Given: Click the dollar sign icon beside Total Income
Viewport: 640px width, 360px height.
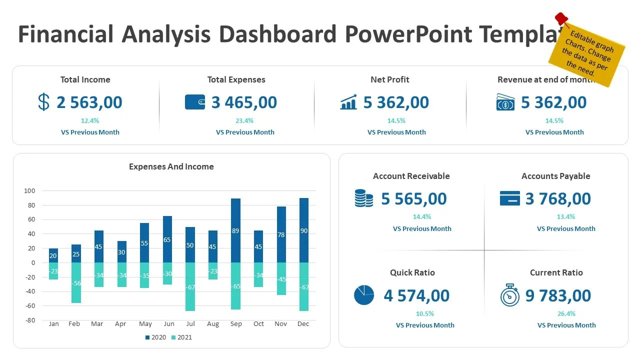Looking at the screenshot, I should pos(44,102).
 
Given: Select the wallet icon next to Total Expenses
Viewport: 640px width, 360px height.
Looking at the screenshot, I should pos(195,102).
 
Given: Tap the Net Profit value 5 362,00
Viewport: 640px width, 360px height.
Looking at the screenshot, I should pos(396,102).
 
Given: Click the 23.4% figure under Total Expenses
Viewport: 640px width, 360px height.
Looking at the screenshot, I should pos(244,120).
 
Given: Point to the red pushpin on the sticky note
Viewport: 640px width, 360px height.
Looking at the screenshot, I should pos(562,19).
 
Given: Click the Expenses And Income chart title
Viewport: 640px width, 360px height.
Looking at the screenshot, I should pos(171,167).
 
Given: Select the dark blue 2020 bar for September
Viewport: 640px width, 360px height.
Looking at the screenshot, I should pos(235,230).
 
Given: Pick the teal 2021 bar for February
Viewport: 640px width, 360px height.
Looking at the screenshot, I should pos(76,282).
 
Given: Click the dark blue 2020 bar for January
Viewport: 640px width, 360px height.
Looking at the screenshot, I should pos(53,255).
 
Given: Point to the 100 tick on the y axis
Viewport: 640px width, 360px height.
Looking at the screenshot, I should pos(29,191).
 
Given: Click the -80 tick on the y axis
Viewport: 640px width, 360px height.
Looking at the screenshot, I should pos(29,320).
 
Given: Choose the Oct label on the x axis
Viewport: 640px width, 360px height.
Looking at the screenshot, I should pos(258,324).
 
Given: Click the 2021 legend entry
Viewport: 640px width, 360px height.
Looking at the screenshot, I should pos(181,337).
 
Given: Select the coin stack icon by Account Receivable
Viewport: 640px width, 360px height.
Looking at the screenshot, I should pos(363,198).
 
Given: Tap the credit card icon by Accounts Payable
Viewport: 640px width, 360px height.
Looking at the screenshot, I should pos(509,198).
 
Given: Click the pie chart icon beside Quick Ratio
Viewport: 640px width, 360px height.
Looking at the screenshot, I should pos(364,295).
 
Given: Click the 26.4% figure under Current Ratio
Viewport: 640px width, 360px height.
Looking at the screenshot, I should pos(566,314).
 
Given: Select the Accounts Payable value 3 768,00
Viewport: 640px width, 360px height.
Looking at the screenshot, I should pos(558,199).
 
